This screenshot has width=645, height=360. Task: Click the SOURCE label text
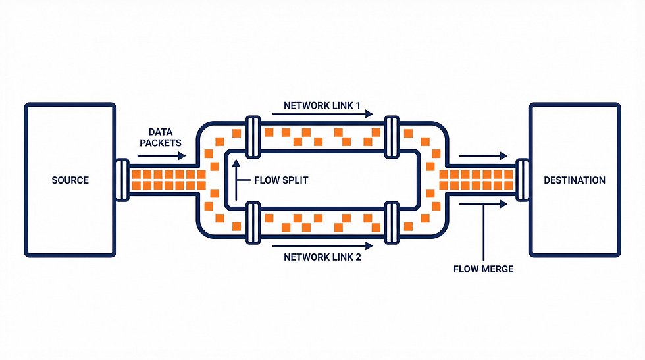coord(70,180)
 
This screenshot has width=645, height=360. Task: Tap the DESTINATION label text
coord(575,180)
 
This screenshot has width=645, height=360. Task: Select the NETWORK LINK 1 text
coord(322,105)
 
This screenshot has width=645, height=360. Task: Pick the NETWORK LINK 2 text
coord(322,257)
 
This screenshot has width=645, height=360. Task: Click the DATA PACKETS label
coord(160,137)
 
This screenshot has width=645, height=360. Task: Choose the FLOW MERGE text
coord(484,269)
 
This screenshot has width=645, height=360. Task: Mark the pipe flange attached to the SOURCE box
coord(122,180)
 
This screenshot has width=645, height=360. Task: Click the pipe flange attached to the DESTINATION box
coord(523,180)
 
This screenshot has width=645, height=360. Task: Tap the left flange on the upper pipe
coord(251,137)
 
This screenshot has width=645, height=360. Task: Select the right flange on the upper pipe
coord(392,137)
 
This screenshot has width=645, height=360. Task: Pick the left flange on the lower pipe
coord(251,223)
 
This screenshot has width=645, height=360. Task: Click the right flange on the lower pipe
coord(392,223)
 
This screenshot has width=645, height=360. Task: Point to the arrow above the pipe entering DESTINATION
coord(484,156)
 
